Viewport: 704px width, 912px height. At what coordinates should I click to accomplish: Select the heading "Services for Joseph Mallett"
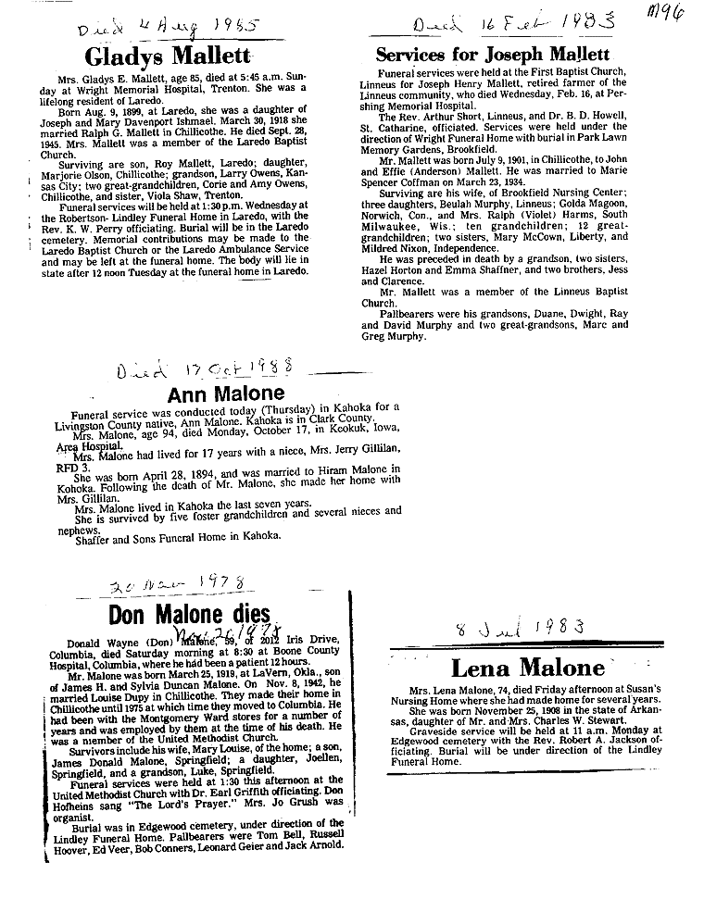(x=492, y=54)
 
